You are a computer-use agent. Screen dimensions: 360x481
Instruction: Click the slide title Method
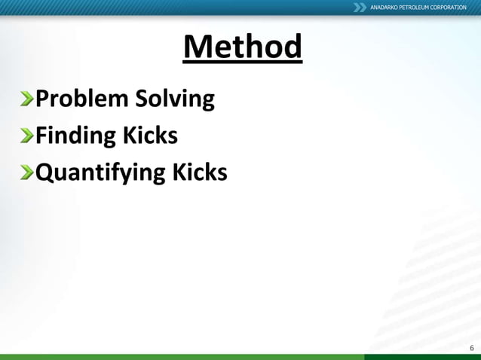click(x=242, y=47)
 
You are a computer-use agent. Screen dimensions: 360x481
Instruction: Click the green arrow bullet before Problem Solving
click(x=27, y=99)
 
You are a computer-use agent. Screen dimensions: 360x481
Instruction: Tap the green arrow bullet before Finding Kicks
click(x=27, y=136)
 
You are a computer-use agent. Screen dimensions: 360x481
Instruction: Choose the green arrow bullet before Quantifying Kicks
click(x=27, y=172)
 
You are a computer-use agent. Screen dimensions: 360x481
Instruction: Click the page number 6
click(x=471, y=347)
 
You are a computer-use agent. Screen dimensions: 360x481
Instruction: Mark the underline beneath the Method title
click(x=242, y=63)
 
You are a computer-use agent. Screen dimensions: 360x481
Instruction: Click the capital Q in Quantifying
click(x=45, y=172)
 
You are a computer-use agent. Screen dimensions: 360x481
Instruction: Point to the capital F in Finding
click(x=42, y=136)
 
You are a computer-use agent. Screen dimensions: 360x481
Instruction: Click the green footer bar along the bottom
click(x=240, y=357)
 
